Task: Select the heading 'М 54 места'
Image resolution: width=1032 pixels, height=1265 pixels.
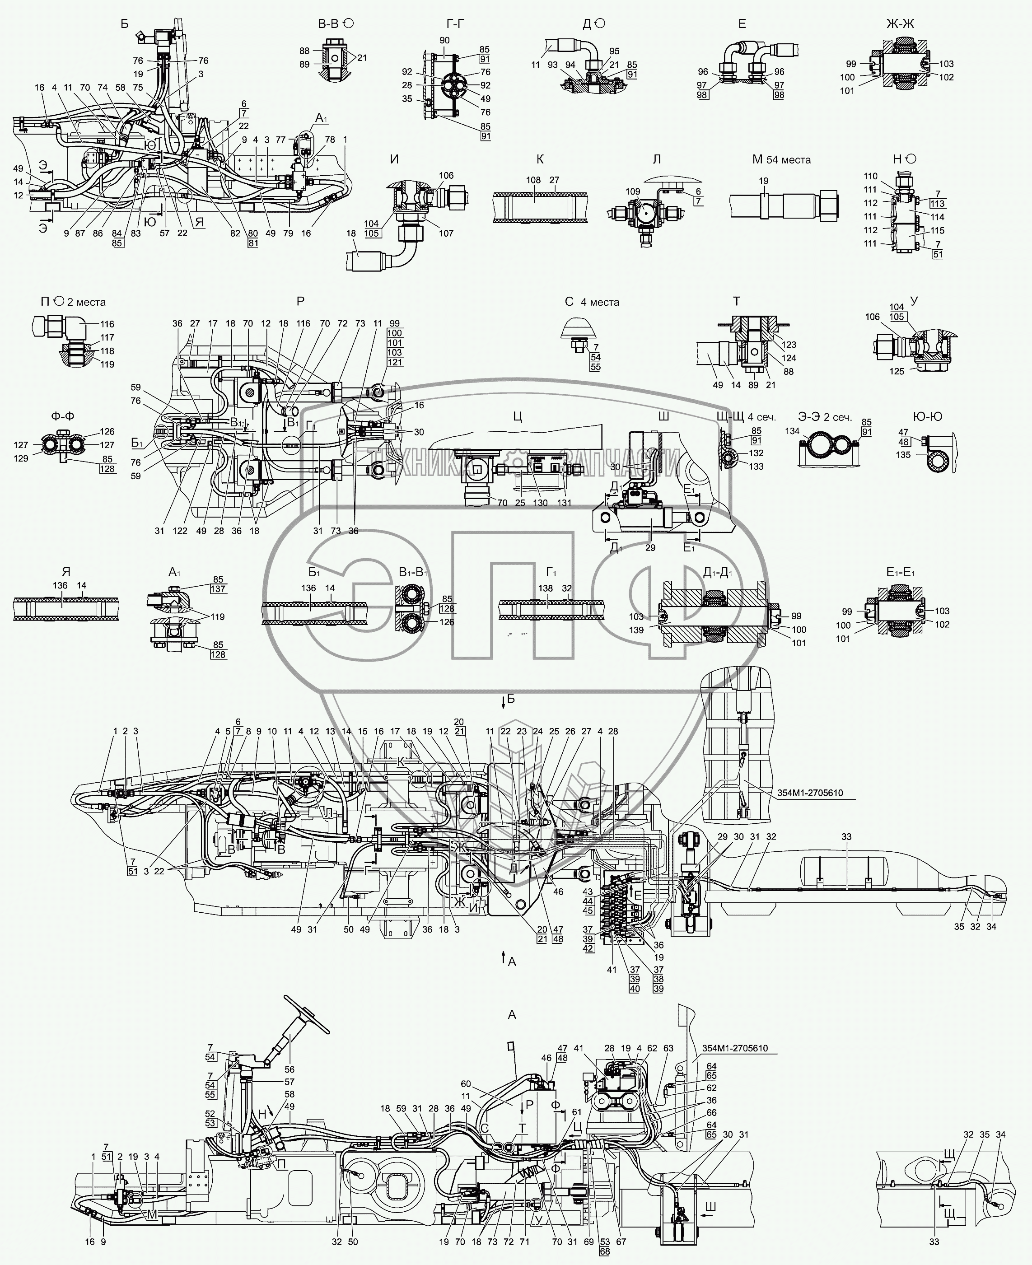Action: (x=781, y=160)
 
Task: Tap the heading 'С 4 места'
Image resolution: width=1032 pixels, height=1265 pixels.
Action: (x=592, y=302)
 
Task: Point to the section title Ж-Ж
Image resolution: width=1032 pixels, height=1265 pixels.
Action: (x=901, y=24)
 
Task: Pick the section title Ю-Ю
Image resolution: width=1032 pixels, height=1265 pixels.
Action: (x=927, y=417)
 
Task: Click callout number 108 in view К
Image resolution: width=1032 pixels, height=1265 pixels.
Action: (x=533, y=180)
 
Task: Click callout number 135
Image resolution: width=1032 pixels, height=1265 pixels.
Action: (x=903, y=455)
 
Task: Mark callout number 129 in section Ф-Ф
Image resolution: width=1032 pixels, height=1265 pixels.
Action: (x=21, y=458)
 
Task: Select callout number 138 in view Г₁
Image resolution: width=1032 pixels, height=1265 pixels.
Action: (x=545, y=588)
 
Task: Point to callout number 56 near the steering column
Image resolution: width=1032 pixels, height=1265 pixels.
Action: (x=290, y=1069)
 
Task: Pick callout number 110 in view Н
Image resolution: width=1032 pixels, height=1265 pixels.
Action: (x=870, y=176)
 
